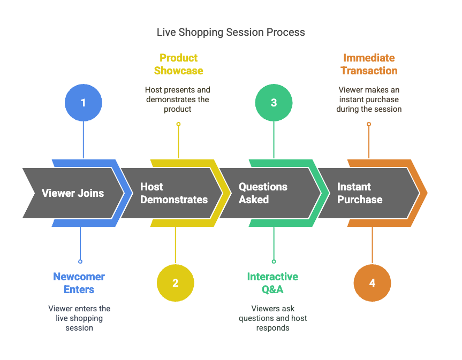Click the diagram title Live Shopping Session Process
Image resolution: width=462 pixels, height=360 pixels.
(x=231, y=32)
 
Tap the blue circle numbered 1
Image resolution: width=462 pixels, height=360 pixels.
(x=83, y=102)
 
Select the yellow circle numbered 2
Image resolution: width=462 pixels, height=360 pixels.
(x=175, y=283)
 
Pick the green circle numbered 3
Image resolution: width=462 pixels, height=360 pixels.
(x=274, y=102)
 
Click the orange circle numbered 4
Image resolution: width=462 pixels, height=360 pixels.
(x=372, y=283)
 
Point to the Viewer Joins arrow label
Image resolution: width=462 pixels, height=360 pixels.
(x=73, y=193)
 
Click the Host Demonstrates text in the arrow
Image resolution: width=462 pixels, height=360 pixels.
(x=173, y=193)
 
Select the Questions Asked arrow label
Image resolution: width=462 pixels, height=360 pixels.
(x=263, y=193)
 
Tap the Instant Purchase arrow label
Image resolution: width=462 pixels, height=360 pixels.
(x=359, y=193)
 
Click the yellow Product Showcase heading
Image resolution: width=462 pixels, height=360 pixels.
(x=178, y=64)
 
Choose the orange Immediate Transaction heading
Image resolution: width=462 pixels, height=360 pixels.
(x=369, y=64)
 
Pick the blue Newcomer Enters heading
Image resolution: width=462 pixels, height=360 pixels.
(x=79, y=283)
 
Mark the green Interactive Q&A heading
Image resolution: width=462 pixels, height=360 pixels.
(x=272, y=283)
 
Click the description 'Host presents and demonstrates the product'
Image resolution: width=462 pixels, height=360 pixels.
(x=177, y=99)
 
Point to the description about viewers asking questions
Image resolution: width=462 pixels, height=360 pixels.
(x=272, y=318)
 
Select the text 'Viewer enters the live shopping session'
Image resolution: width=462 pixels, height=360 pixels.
(x=79, y=318)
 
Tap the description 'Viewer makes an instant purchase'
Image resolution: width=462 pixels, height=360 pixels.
(x=369, y=99)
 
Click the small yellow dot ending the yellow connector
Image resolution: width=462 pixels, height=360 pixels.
(x=178, y=124)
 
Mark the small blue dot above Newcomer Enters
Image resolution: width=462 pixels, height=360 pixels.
(x=80, y=262)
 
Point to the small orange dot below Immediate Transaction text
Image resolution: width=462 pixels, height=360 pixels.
(x=369, y=124)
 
